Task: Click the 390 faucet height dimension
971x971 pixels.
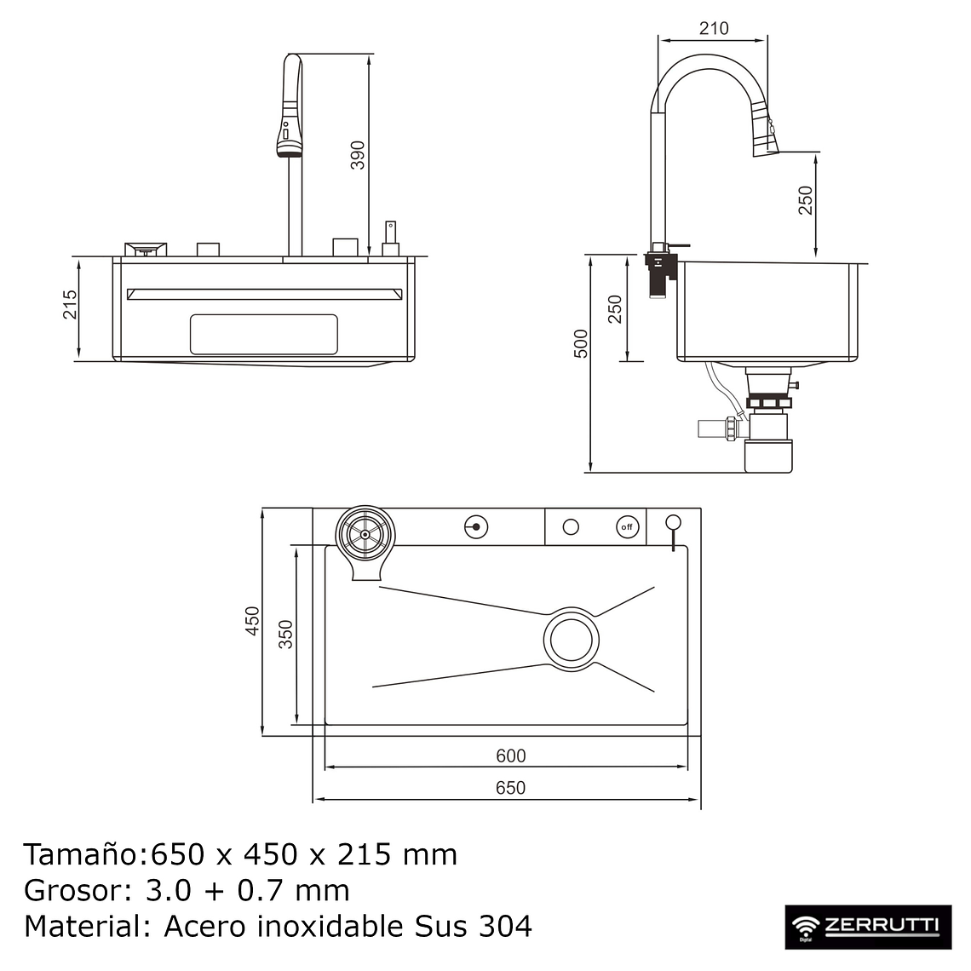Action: (x=359, y=156)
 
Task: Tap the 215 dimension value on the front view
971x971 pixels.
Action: (x=70, y=305)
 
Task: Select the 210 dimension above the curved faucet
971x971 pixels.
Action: (x=713, y=28)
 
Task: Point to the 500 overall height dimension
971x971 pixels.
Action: (x=581, y=343)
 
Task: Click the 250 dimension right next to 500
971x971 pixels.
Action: (x=615, y=309)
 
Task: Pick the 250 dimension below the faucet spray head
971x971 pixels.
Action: (x=806, y=200)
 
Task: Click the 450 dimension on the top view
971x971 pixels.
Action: (x=252, y=621)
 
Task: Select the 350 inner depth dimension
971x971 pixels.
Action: (x=286, y=635)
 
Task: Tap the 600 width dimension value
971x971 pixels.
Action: (x=510, y=756)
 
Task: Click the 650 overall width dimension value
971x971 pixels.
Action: (x=510, y=788)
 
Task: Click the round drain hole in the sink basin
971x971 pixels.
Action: (x=572, y=638)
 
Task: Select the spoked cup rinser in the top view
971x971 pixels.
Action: (x=365, y=533)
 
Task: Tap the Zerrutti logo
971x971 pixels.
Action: (x=868, y=927)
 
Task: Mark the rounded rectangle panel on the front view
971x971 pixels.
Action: (x=263, y=334)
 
